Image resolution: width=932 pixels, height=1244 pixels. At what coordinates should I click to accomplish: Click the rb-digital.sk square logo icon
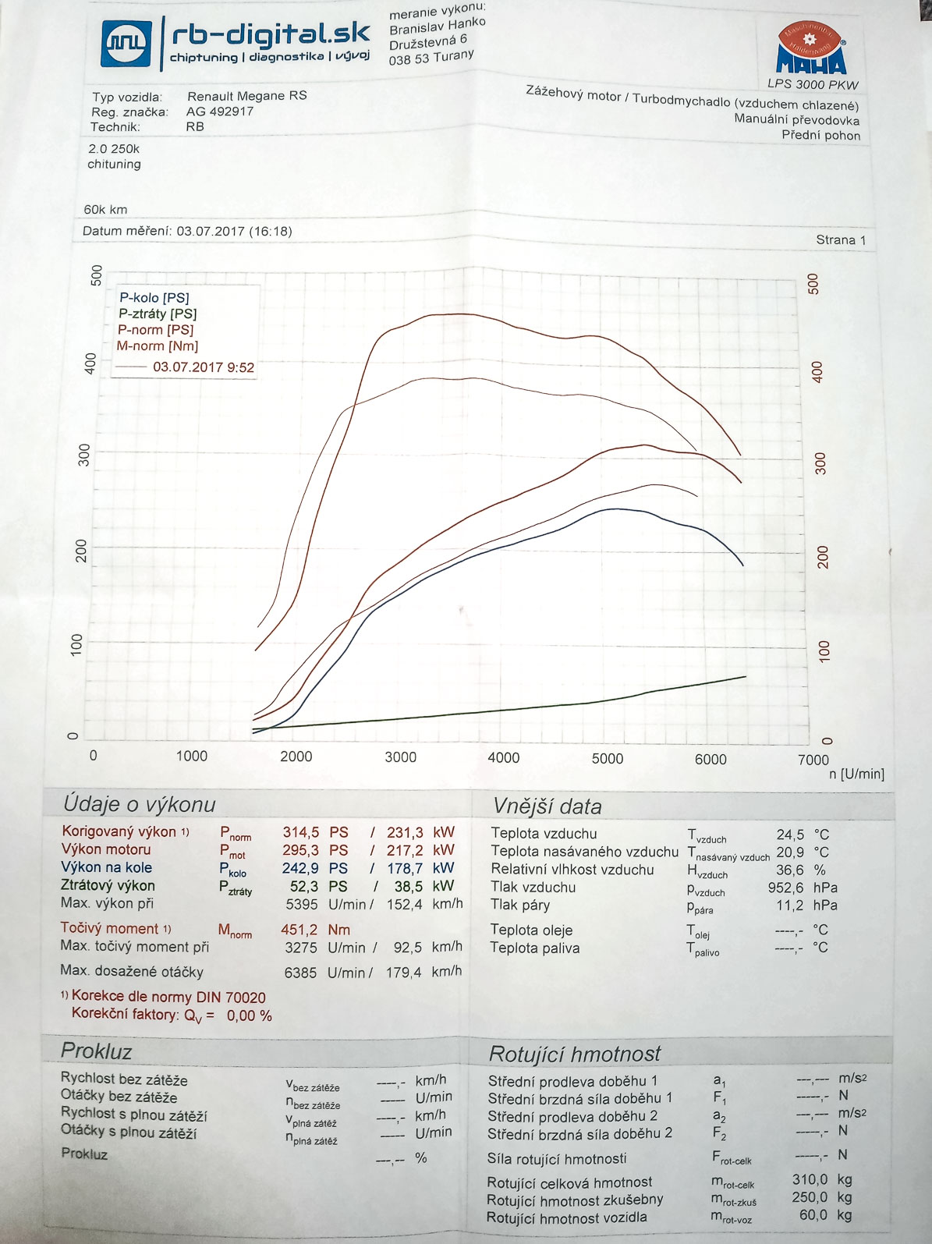tap(126, 43)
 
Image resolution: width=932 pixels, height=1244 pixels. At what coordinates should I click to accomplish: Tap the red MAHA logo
tap(810, 48)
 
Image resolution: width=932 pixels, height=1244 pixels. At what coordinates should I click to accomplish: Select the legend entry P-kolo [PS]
tap(154, 297)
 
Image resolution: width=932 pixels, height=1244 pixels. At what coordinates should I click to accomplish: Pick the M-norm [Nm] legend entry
tap(158, 346)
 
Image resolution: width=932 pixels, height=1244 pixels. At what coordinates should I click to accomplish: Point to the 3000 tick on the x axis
tap(400, 757)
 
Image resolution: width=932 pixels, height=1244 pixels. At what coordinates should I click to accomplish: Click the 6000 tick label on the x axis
tap(711, 759)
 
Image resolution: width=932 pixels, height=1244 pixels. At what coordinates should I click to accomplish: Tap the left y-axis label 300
tap(84, 455)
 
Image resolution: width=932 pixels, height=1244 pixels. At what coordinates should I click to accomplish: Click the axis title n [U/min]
tap(856, 774)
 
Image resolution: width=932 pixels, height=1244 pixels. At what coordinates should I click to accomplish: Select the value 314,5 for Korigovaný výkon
tap(300, 832)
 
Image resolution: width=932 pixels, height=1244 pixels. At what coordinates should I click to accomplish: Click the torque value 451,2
tap(299, 930)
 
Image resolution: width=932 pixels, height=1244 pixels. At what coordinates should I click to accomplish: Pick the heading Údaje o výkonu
tap(140, 804)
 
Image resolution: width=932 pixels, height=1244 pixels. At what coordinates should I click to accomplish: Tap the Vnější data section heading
tap(547, 806)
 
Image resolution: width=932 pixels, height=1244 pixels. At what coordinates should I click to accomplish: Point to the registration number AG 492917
tap(220, 112)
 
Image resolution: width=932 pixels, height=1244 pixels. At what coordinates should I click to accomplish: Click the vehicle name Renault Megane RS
tap(246, 96)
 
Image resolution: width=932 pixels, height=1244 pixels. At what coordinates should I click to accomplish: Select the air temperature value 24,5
tap(790, 835)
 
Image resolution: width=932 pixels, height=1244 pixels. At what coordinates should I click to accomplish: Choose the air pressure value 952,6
tap(785, 888)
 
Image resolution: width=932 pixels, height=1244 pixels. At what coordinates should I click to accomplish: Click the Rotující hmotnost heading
tap(574, 1054)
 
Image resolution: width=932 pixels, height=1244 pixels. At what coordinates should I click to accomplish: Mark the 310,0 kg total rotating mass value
tap(810, 1179)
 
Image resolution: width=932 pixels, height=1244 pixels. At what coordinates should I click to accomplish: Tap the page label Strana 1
tap(841, 239)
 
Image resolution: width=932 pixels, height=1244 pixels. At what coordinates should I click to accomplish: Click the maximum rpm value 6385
tap(301, 973)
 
